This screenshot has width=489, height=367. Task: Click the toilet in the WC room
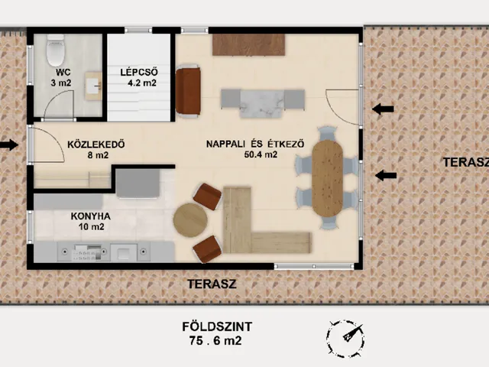click(x=56, y=50)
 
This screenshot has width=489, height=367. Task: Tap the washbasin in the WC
click(x=93, y=86)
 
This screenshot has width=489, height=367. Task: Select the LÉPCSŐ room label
click(x=139, y=72)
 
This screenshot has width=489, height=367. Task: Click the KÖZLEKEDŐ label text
click(x=96, y=145)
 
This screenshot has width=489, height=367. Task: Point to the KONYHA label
click(x=91, y=216)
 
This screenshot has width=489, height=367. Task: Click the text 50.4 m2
click(x=261, y=154)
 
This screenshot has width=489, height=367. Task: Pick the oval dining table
click(x=328, y=178)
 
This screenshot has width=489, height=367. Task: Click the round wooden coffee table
click(x=190, y=220)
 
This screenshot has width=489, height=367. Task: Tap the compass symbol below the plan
click(x=345, y=338)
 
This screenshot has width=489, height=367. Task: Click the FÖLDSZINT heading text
click(x=217, y=326)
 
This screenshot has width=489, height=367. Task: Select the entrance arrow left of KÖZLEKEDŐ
click(x=9, y=145)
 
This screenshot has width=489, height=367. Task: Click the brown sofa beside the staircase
click(x=188, y=91)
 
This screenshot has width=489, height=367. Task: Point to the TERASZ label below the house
click(x=212, y=284)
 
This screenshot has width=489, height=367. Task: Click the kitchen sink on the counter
click(x=124, y=252)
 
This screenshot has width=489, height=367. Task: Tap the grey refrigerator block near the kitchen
click(x=138, y=183)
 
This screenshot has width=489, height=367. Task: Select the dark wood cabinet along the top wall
click(x=249, y=44)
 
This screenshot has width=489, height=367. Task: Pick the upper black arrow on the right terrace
click(x=383, y=109)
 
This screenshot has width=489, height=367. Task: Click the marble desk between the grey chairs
click(x=262, y=104)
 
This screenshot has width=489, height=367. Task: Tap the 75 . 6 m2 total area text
click(x=215, y=340)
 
